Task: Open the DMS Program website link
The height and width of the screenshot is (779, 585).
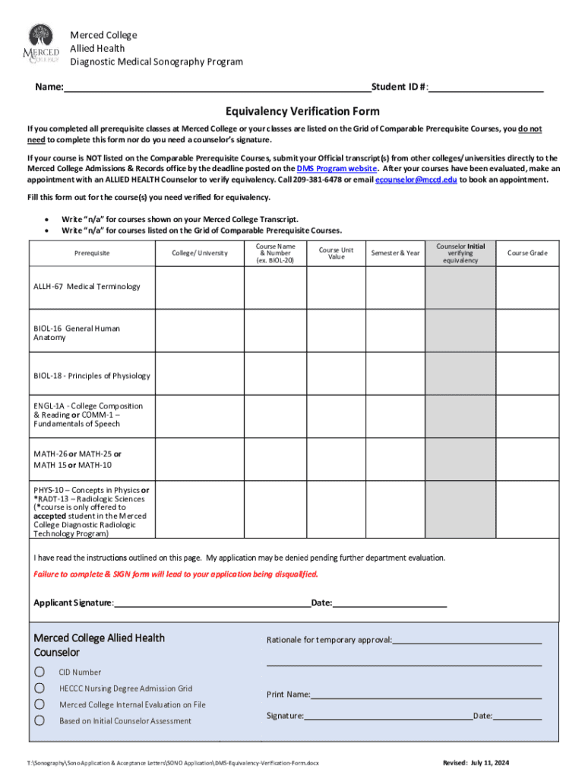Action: click(337, 168)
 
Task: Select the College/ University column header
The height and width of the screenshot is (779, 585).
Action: click(199, 253)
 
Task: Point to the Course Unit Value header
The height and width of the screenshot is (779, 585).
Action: click(336, 253)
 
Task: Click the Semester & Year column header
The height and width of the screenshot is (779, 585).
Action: click(395, 253)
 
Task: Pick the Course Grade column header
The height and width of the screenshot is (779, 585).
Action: click(527, 253)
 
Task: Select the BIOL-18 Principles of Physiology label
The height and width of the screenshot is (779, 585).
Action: click(91, 376)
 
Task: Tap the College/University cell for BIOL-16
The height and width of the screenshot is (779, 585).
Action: click(199, 332)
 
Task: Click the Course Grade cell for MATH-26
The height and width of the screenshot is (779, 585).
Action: click(527, 459)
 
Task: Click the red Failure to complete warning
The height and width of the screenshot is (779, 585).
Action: click(175, 574)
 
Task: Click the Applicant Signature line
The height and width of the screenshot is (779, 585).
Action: click(213, 603)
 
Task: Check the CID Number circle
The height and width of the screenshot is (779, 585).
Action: click(39, 672)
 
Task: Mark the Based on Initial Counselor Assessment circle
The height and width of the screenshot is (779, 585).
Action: click(39, 720)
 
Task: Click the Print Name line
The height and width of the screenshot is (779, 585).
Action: click(425, 695)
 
